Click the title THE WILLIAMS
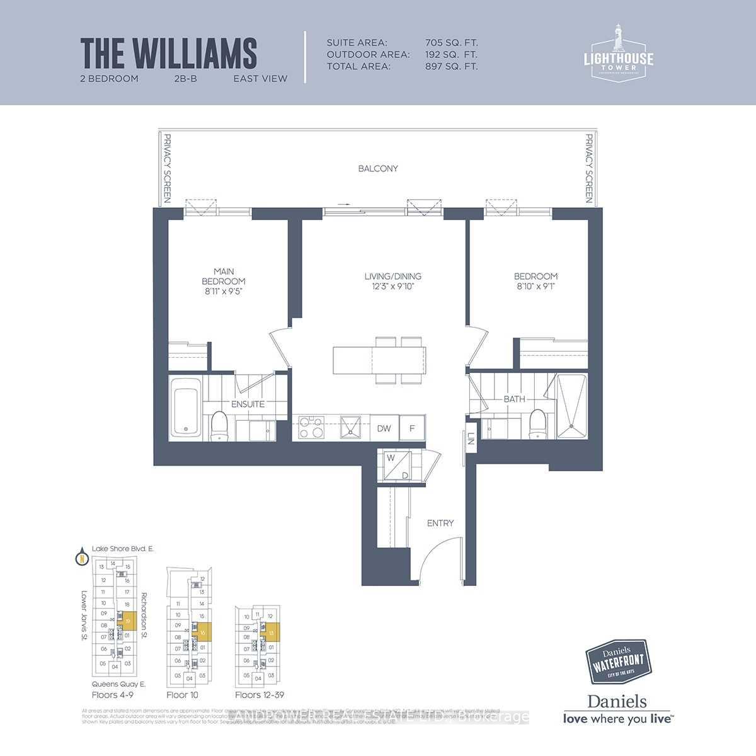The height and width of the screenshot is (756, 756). (169, 53)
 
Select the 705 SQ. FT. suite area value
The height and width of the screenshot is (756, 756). (452, 43)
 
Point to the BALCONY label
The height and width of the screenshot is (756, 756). (378, 168)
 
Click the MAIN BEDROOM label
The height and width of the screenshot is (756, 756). (224, 281)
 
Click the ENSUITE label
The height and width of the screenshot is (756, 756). (248, 404)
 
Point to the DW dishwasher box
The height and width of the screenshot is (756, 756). (384, 428)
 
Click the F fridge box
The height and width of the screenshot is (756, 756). (413, 428)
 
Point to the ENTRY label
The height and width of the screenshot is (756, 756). (440, 523)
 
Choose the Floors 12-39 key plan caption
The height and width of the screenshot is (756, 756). (258, 695)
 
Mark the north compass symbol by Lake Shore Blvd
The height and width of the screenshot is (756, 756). (81, 558)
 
